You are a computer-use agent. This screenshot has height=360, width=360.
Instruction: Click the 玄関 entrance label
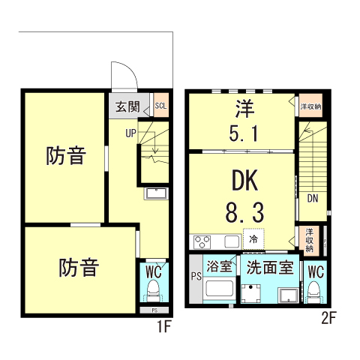pos(127,106)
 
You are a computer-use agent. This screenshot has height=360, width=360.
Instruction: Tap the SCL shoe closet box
pos(160,105)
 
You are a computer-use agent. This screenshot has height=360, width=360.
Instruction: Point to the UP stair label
pos(130,134)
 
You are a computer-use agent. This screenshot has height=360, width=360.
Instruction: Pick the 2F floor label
pos(328,317)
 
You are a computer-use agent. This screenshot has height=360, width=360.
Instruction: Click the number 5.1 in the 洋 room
pos(244,134)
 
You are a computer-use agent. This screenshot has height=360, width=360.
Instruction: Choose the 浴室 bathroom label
pos(220,266)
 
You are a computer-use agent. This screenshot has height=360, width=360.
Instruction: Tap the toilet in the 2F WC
pos(314,292)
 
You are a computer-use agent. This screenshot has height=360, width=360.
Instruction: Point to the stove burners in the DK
pos(203,241)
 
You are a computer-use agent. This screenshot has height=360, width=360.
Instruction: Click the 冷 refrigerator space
pos(253,239)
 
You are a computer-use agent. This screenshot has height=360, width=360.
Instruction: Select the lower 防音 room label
pos(79,267)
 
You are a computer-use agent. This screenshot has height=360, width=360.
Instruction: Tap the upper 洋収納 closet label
pos(310,106)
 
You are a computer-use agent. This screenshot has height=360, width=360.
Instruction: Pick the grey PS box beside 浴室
pos(196,277)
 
